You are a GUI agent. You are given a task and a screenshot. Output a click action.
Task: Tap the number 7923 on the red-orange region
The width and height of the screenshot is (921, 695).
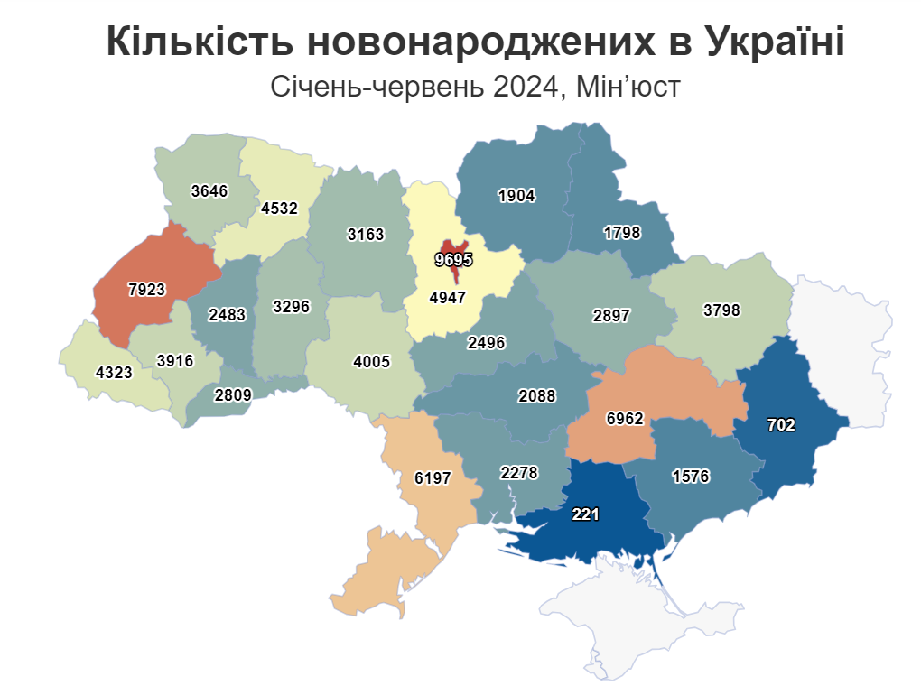pos(147,290)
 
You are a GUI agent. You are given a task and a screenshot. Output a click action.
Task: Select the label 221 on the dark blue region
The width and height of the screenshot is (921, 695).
pos(586,514)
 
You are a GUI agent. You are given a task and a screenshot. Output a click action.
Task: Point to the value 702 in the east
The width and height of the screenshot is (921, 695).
pos(781,424)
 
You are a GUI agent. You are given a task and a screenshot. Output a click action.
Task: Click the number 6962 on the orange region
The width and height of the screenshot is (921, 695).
pos(625,418)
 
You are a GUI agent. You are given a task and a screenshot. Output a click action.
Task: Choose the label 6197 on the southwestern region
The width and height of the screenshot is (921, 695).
pos(432,478)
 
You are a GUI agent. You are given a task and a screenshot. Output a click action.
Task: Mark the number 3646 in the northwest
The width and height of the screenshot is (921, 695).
pos(210,190)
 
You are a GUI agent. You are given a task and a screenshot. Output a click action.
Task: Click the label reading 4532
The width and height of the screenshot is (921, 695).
pos(279,208)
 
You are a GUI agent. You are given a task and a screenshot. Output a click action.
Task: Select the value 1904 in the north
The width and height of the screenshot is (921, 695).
pos(516,195)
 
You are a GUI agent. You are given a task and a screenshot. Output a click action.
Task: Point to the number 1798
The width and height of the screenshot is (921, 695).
pos(621,232)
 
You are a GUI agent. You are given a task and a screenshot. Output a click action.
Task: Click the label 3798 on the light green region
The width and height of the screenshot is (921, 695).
pos(721,310)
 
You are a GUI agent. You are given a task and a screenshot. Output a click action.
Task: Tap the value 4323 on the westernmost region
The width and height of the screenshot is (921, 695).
pos(113,371)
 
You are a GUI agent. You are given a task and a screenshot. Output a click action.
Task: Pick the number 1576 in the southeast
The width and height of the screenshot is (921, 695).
pos(692,477)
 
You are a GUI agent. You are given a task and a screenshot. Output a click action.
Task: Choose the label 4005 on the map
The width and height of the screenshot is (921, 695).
pos(372,362)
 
